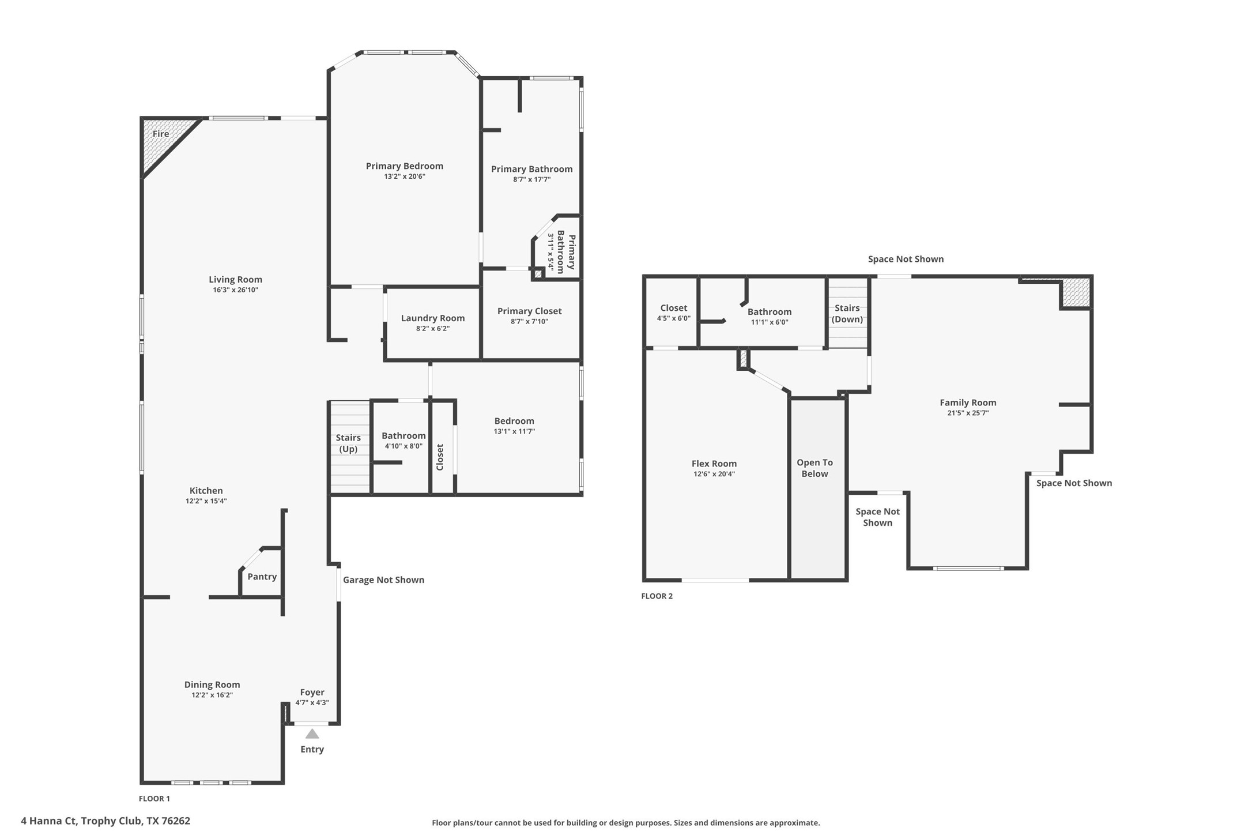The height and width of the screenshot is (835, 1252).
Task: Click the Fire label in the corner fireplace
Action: [x=161, y=134]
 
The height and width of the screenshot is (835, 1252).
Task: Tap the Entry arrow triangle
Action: [x=312, y=734]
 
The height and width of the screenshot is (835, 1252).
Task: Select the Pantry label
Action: [x=262, y=577]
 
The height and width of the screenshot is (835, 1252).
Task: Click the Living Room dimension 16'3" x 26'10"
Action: [x=235, y=290]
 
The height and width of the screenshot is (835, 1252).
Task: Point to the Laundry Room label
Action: [x=432, y=318]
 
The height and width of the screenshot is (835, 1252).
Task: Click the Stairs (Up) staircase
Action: [x=349, y=447]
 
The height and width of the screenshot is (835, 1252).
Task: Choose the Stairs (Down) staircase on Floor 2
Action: [x=847, y=314]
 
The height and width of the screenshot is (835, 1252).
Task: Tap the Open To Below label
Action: [x=814, y=468]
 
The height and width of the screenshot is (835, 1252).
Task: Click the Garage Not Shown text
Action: [x=383, y=580]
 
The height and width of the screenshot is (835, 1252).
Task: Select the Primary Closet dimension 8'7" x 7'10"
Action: [x=529, y=322]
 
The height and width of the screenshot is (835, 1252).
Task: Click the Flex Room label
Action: [x=714, y=464]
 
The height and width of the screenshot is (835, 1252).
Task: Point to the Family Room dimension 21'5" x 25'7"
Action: [x=968, y=413]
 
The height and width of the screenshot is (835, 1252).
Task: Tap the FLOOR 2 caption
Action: [x=657, y=596]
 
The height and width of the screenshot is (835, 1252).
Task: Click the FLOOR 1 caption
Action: [x=154, y=799]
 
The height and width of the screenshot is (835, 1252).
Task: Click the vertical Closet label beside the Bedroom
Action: [x=440, y=457]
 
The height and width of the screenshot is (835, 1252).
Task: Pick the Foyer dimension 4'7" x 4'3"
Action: [x=312, y=702]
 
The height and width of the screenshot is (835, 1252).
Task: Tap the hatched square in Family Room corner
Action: [x=1076, y=292]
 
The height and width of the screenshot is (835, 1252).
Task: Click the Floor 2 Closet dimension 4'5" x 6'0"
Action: [x=673, y=318]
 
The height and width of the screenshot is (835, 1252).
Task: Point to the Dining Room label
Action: [x=212, y=684]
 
